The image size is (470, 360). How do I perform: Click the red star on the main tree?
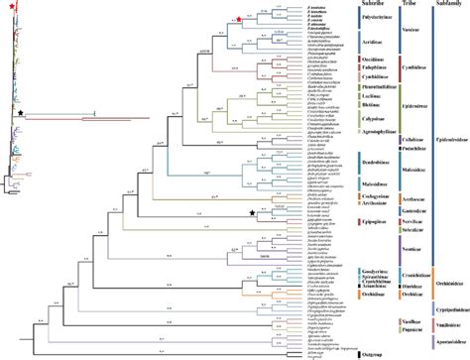pyautogui.click(x=240, y=33)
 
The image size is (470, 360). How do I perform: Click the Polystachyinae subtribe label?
pyautogui.click(x=336, y=18)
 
